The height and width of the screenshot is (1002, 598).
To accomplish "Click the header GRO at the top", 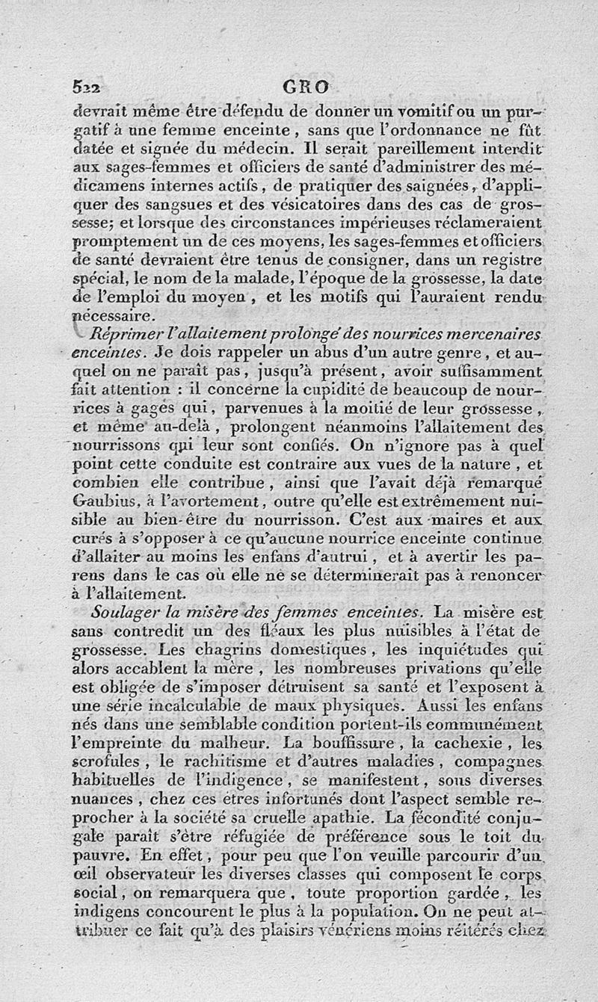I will click(x=305, y=87).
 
